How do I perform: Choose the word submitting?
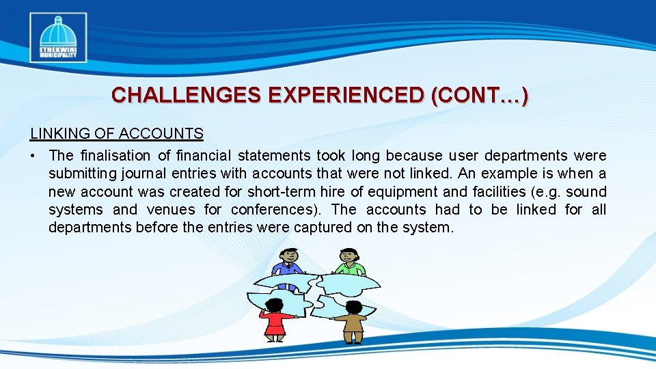pos(79,174)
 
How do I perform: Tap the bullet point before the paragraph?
pos(33,156)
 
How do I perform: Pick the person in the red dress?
pos(275,320)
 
